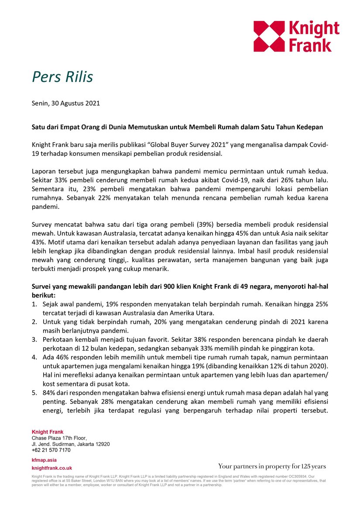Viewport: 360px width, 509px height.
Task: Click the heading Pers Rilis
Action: (62, 77)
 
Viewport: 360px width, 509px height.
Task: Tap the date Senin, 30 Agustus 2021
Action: (66, 103)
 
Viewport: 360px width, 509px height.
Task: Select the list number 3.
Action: (34, 339)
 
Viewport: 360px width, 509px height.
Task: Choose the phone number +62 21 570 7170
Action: (51, 450)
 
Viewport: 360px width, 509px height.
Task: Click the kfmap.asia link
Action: (44, 460)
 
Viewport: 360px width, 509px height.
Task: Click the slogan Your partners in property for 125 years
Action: (272, 466)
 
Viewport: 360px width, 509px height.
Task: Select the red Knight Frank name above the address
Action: (47, 432)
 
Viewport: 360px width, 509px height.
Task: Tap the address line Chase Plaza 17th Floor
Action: (59, 438)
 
